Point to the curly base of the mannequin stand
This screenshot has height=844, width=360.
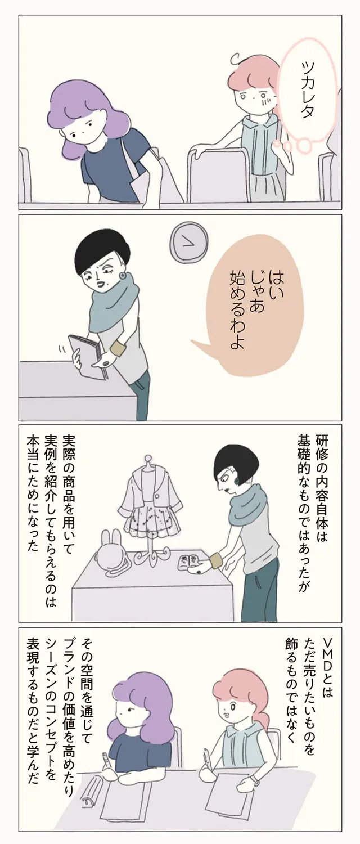tap(148, 559)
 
